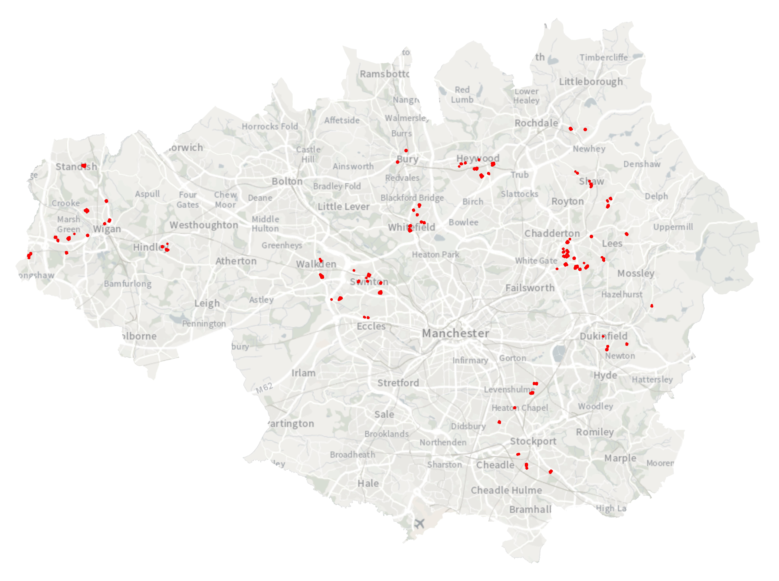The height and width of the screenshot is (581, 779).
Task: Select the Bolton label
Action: click(x=287, y=181)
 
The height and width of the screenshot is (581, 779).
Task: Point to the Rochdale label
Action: click(x=536, y=123)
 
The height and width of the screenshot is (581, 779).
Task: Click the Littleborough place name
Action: click(x=591, y=82)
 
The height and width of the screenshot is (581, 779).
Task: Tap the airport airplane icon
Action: click(x=419, y=523)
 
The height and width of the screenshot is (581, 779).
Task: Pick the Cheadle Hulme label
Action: click(x=506, y=490)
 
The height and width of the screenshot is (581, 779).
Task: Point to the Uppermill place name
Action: click(x=673, y=227)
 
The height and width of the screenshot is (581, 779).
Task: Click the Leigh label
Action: click(x=207, y=303)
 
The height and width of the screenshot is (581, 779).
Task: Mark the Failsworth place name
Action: click(x=530, y=288)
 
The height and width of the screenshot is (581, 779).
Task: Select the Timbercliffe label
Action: click(x=603, y=57)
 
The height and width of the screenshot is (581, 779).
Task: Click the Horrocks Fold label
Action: click(x=270, y=126)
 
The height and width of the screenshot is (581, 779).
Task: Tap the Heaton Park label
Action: click(x=436, y=254)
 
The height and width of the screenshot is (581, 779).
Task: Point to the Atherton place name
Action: click(x=236, y=261)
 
